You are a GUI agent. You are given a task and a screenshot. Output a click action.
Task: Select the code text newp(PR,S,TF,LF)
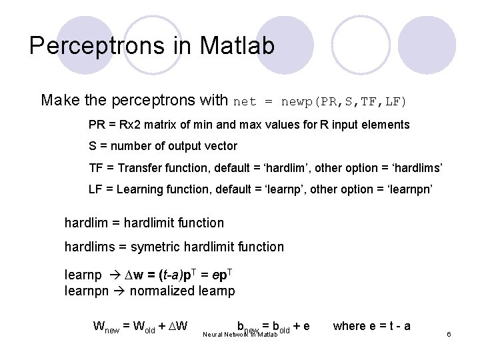click(x=343, y=102)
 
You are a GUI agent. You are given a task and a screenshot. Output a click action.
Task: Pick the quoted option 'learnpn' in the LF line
click(x=409, y=189)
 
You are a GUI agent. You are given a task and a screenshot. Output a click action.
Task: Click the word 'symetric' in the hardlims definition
click(x=153, y=247)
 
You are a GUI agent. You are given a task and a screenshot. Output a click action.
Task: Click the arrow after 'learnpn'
click(x=119, y=291)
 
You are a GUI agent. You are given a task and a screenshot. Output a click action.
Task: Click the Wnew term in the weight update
click(x=107, y=327)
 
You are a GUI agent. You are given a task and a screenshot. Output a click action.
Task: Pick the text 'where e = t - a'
click(x=371, y=325)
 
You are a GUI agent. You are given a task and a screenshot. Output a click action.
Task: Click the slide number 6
click(x=449, y=333)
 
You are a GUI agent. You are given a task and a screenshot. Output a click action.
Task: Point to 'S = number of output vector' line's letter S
click(x=93, y=146)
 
